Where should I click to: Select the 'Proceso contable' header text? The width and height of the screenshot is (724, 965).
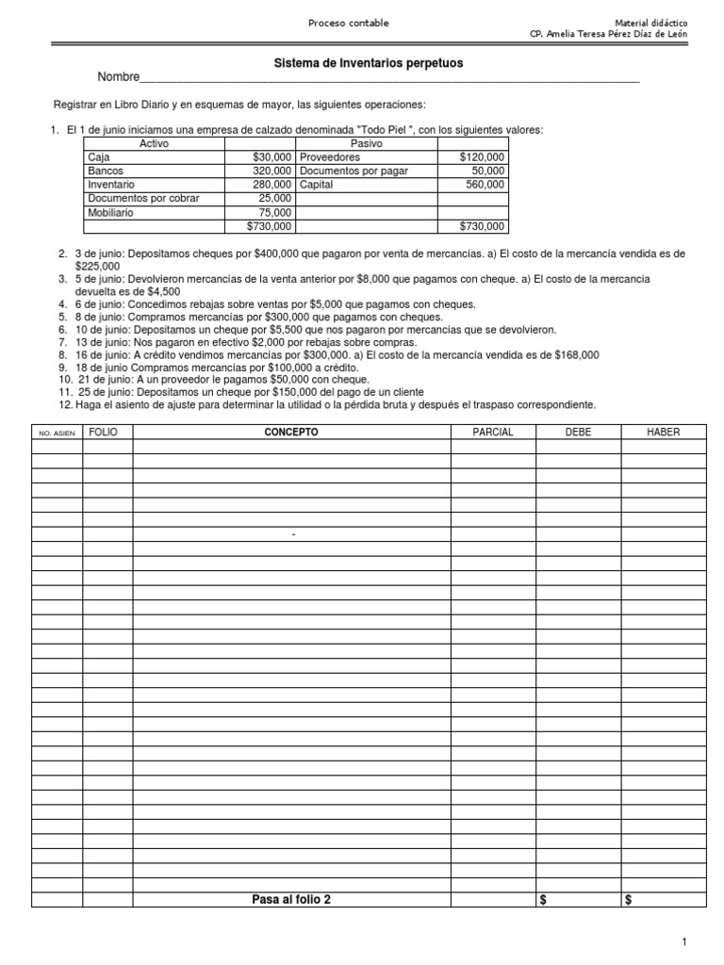348,23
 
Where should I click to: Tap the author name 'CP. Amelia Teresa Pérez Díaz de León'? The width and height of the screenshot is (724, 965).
610,34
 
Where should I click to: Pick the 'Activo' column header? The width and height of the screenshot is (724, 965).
154,143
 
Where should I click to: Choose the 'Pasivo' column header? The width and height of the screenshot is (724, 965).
366,143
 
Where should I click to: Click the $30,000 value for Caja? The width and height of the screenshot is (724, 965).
272,157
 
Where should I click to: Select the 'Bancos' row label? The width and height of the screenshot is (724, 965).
106,171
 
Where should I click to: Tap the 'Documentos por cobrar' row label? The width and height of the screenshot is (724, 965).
143,199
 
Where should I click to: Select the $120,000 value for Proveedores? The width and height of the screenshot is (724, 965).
482,157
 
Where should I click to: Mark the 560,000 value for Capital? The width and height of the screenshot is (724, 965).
485,185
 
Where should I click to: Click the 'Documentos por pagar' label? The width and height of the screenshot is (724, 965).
354,171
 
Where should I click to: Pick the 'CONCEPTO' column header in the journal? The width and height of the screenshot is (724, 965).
290,432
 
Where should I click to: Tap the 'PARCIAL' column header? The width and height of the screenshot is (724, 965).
492,432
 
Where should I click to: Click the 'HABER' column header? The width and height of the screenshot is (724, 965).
663,432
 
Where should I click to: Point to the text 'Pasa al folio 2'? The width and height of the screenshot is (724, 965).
290,899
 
